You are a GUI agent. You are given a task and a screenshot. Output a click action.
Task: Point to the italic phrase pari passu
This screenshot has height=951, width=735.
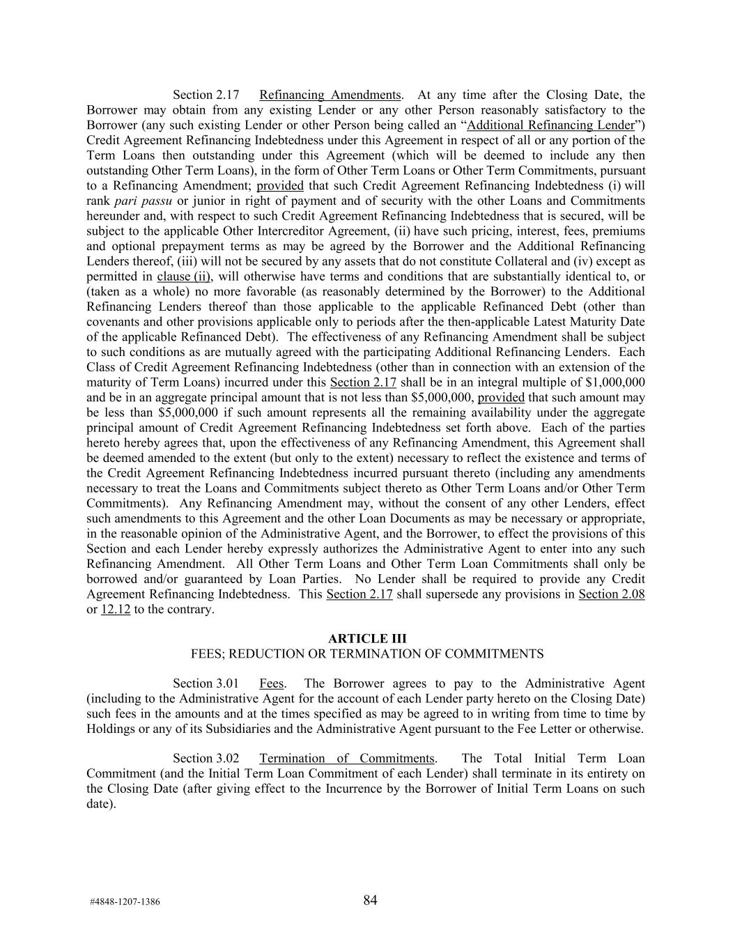(x=148, y=201)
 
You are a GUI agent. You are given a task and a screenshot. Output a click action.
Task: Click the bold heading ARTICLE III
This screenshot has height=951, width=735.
(x=367, y=639)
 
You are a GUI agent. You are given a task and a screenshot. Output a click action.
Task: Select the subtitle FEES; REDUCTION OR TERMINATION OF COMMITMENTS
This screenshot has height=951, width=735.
(x=367, y=654)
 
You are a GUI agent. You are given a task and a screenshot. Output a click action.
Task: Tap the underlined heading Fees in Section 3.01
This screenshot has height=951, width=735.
(x=271, y=683)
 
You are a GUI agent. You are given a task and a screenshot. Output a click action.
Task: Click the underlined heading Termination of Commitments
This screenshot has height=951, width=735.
(x=347, y=759)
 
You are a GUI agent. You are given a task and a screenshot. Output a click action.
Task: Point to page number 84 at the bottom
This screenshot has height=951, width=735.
(x=370, y=900)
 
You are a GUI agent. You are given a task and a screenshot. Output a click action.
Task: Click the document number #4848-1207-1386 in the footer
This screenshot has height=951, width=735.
(x=125, y=902)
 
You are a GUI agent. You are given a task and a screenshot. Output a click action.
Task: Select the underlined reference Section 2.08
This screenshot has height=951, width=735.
(x=611, y=594)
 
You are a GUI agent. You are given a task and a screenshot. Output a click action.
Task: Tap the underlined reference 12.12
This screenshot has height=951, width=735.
(x=116, y=610)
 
